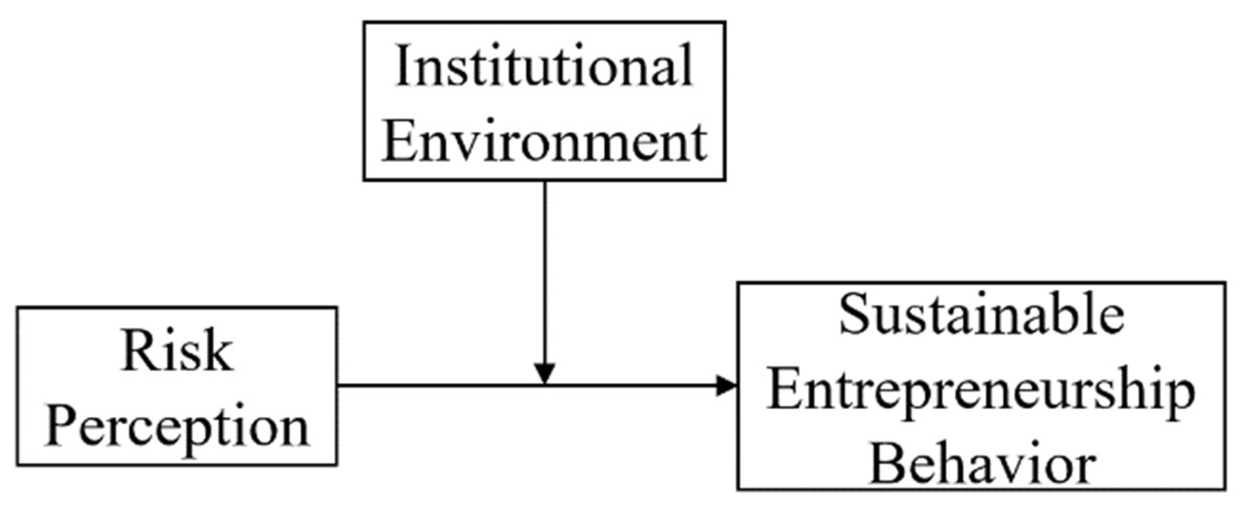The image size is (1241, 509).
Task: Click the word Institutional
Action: [x=544, y=66]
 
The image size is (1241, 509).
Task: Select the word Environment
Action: [x=544, y=141]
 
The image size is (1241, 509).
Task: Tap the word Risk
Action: [x=177, y=352]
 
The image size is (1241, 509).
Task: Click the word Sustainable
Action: [x=981, y=315]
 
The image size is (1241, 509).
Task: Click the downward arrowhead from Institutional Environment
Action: [x=544, y=373]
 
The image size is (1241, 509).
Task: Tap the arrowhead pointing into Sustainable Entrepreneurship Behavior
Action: [x=726, y=385]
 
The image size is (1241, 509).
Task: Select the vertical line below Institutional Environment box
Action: [x=544, y=272]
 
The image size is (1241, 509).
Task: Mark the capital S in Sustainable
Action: [x=854, y=315]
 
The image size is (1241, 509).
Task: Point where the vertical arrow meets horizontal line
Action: [x=544, y=385]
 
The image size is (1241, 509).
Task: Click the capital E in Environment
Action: [x=398, y=141]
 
